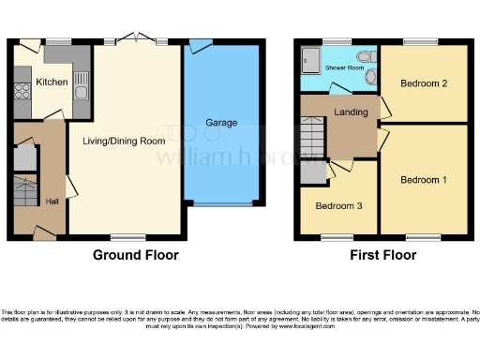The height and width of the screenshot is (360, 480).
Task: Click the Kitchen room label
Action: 52,82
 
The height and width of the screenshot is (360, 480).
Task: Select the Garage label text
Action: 221,123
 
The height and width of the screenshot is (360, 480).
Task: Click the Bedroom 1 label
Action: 423,179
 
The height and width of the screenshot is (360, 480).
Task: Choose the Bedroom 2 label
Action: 423,83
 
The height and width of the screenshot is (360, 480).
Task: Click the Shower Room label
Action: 343,68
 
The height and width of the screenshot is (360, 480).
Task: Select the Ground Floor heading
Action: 135,255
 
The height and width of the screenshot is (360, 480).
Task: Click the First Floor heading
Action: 383,255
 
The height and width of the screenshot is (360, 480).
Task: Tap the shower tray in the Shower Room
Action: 309,63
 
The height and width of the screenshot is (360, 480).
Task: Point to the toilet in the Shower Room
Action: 372,78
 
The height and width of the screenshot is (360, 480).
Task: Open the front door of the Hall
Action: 42,230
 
